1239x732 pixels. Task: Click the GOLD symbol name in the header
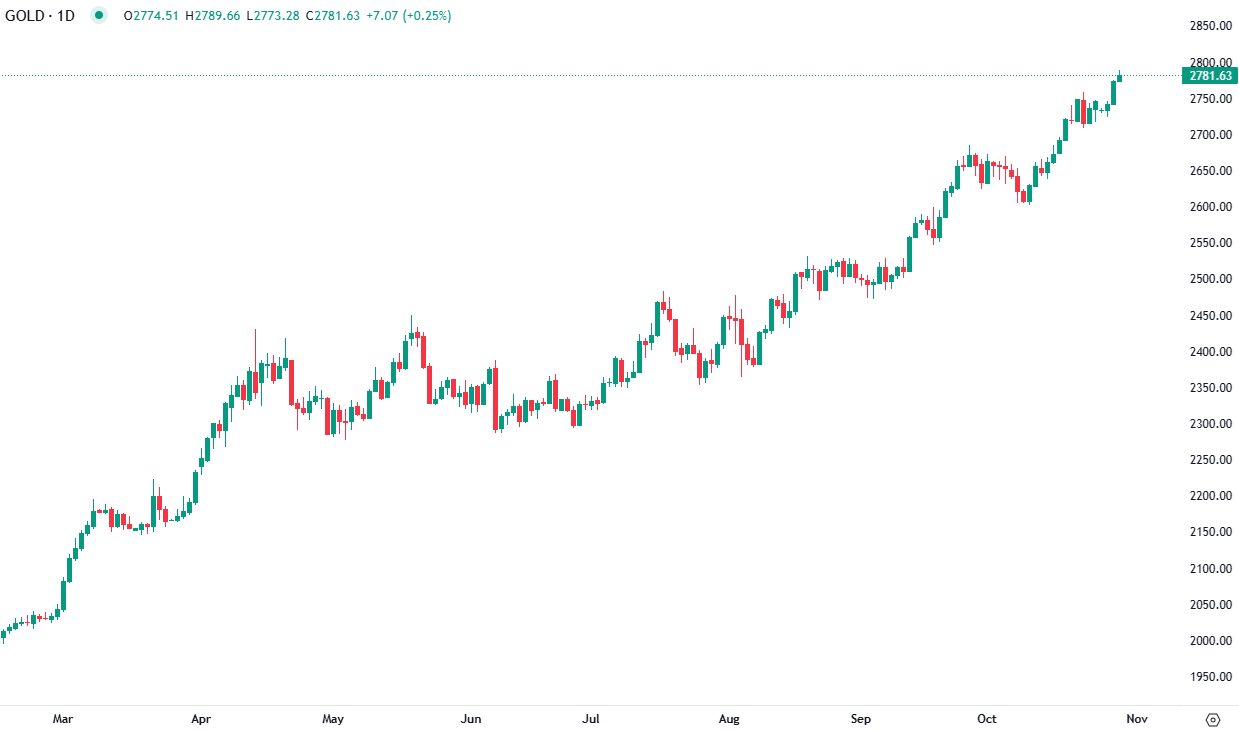[x=25, y=16]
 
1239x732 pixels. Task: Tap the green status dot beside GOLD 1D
[x=98, y=16]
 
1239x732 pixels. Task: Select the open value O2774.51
[x=152, y=16]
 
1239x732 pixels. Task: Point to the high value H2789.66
[x=212, y=16]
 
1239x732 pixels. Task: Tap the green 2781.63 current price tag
[x=1211, y=76]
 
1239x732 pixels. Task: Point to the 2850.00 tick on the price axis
[x=1209, y=26]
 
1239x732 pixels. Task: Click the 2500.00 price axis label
[x=1209, y=279]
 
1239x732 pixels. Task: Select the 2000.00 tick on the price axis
[x=1209, y=640]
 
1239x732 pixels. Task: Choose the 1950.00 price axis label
[x=1209, y=676]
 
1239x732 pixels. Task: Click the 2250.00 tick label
[x=1209, y=460]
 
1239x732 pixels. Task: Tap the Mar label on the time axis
[x=63, y=719]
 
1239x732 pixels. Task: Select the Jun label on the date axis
[x=471, y=719]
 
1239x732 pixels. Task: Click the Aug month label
[x=729, y=719]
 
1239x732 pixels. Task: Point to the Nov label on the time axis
[x=1136, y=719]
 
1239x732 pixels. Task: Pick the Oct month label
[x=987, y=719]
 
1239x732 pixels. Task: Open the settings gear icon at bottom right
[x=1213, y=719]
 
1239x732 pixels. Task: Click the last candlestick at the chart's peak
[x=1120, y=77]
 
